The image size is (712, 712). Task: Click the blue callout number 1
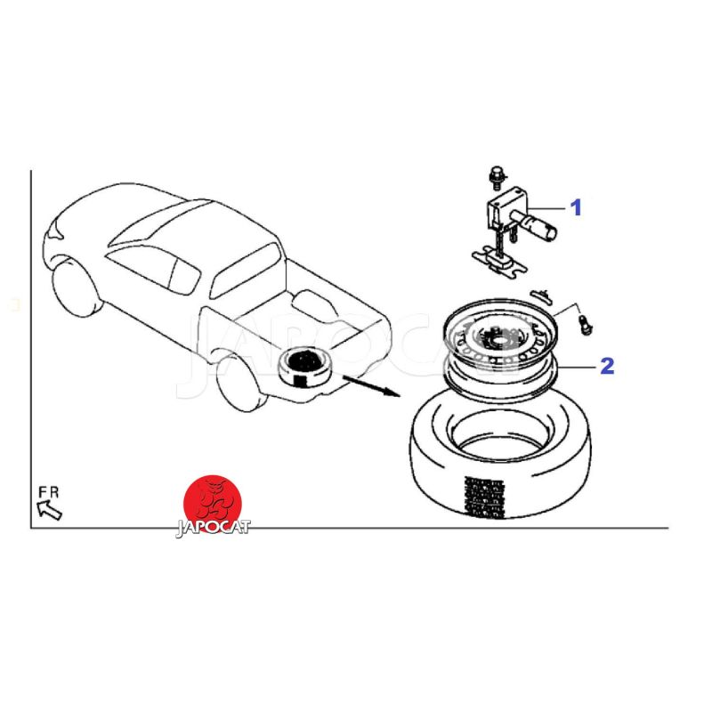[x=575, y=207]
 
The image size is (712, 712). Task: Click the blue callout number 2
[x=607, y=366]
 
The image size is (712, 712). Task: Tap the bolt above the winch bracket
[x=498, y=177]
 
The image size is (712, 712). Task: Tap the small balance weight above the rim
[x=541, y=296]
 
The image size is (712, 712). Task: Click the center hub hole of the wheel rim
[x=502, y=339]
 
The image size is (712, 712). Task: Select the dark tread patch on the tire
[x=484, y=498]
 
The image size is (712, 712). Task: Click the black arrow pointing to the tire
[x=371, y=385]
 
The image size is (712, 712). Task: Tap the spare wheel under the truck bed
[x=304, y=367]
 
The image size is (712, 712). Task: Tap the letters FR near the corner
[x=49, y=492]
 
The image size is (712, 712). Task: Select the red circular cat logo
[x=213, y=502]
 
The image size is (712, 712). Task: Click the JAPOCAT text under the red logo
[x=213, y=528]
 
